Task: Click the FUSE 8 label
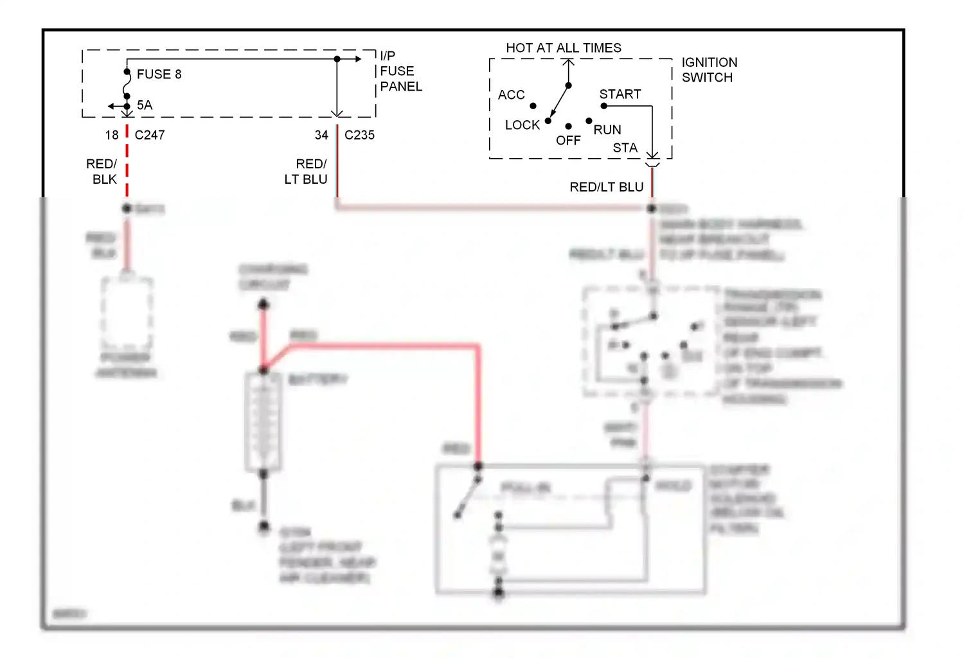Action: click(159, 75)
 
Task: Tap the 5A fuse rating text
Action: click(145, 105)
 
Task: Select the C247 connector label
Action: click(150, 135)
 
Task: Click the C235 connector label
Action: click(359, 135)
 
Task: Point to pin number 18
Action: click(112, 135)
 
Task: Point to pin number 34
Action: click(321, 135)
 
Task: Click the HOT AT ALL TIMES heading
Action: click(564, 48)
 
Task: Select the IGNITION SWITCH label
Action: click(709, 70)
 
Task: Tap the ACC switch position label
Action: click(511, 95)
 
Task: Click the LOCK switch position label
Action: click(522, 125)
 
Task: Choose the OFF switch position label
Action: click(568, 141)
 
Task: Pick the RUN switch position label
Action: click(607, 130)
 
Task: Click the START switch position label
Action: click(620, 94)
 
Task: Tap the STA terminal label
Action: click(625, 148)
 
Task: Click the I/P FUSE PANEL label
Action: click(400, 71)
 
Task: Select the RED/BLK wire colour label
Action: click(102, 172)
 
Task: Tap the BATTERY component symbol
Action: click(263, 422)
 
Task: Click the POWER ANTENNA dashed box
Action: click(127, 313)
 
